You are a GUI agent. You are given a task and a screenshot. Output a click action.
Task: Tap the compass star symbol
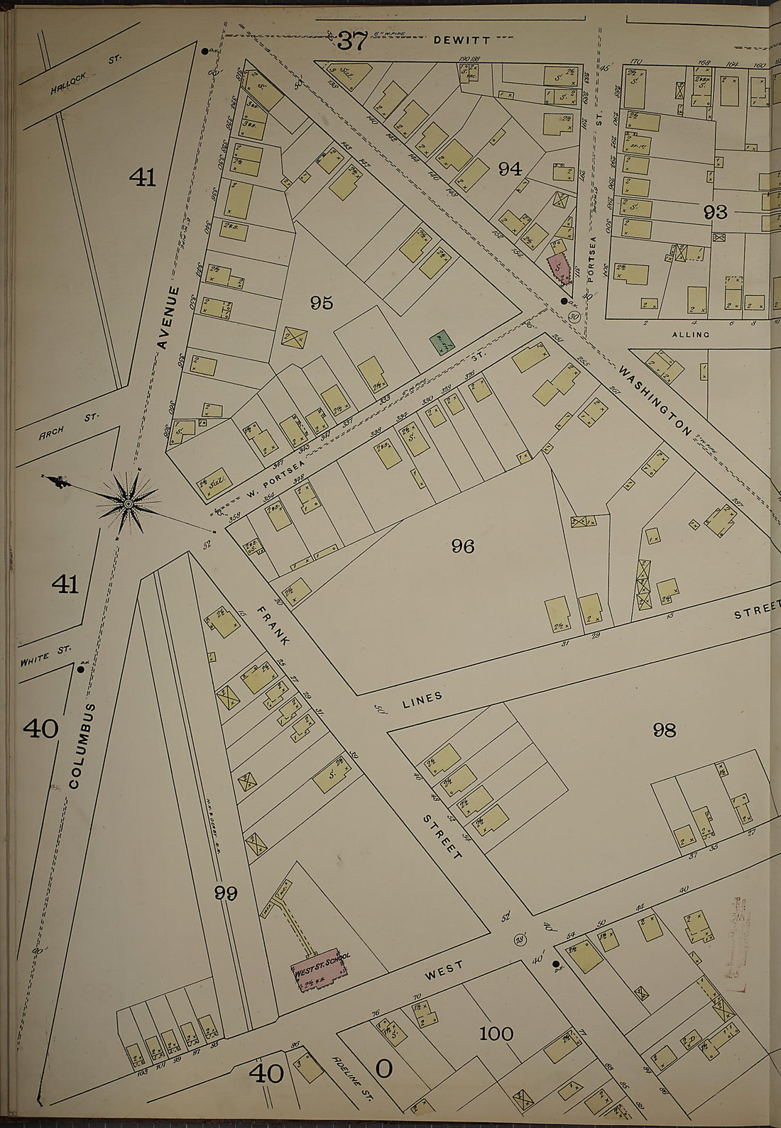(129, 503)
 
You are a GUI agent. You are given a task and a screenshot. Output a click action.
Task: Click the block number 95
(321, 303)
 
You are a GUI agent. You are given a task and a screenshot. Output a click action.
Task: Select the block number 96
(462, 546)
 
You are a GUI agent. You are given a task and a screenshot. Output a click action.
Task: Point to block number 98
(664, 729)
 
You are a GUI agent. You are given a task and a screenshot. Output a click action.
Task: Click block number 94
(510, 169)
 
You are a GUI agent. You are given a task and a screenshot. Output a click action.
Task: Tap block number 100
(496, 1034)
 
